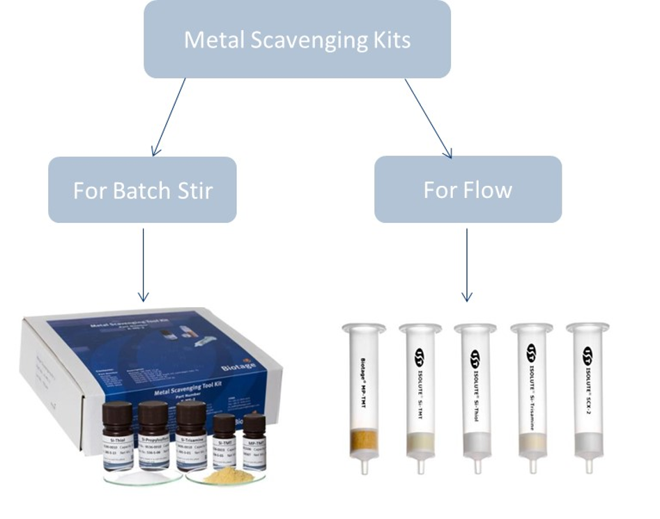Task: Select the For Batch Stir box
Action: [142, 189]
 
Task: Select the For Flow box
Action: [468, 189]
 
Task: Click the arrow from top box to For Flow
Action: [428, 117]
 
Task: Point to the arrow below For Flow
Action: [467, 264]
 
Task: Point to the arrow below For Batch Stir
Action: [144, 264]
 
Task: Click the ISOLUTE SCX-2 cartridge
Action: [588, 397]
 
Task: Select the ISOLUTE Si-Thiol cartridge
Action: [476, 397]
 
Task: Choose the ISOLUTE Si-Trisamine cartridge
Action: [532, 397]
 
